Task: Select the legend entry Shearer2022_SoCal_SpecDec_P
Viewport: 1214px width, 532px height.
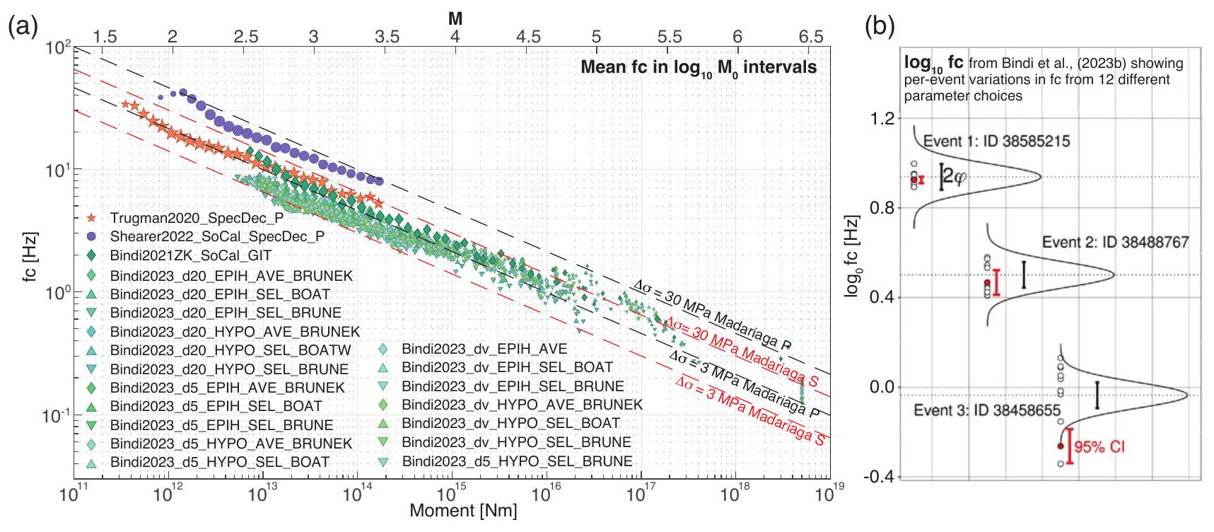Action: pos(217,236)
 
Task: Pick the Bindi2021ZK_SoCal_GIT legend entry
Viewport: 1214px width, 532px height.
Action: pos(191,255)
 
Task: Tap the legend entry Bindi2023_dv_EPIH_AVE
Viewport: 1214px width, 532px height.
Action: pos(484,349)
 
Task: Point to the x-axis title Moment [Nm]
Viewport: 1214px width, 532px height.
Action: pos(463,511)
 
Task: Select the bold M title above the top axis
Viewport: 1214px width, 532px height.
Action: pos(455,19)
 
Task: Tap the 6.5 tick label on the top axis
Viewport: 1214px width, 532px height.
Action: pos(810,37)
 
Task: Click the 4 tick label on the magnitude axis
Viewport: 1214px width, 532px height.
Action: pos(455,37)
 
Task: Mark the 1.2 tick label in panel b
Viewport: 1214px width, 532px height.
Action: pos(881,117)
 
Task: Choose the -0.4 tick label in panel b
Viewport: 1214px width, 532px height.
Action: pos(878,476)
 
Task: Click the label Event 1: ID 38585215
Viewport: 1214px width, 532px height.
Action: pos(996,141)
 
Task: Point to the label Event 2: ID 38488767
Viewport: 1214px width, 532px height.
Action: pos(1115,243)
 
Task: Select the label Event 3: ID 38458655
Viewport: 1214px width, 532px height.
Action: pos(987,410)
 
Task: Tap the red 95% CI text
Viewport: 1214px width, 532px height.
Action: pos(1099,447)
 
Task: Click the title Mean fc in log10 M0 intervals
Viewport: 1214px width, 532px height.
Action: pos(699,68)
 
